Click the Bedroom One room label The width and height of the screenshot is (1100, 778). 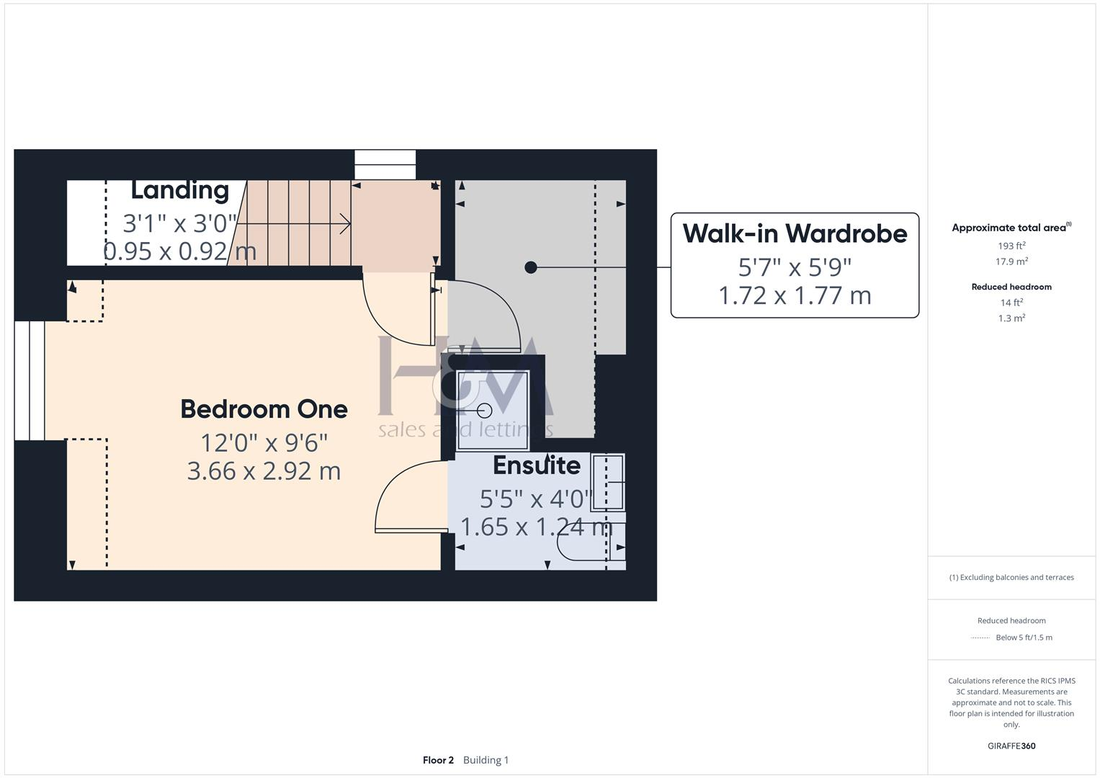pyautogui.click(x=264, y=409)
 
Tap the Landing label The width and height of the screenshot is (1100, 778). pyautogui.click(x=180, y=190)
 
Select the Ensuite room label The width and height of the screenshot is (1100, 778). pyautogui.click(x=537, y=465)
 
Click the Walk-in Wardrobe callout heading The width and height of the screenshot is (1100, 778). pyautogui.click(x=795, y=233)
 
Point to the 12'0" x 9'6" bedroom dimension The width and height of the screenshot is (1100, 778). pyautogui.click(x=264, y=442)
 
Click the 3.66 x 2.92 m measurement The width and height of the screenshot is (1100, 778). pyautogui.click(x=264, y=471)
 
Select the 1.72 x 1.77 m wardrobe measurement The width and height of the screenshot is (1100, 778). pyautogui.click(x=795, y=295)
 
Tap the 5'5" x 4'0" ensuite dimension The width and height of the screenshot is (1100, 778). pyautogui.click(x=536, y=498)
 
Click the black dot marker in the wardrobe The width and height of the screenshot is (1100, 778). pyautogui.click(x=531, y=267)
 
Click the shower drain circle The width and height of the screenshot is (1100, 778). pyautogui.click(x=485, y=411)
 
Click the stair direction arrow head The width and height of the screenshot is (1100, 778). pyautogui.click(x=347, y=225)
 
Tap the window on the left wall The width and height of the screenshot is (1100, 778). pyautogui.click(x=30, y=380)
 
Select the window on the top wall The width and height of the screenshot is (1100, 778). pyautogui.click(x=385, y=164)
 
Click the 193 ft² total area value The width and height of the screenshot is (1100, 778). pyautogui.click(x=1011, y=246)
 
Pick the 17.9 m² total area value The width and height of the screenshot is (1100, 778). pyautogui.click(x=1011, y=261)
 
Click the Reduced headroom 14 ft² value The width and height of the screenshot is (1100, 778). pyautogui.click(x=1011, y=303)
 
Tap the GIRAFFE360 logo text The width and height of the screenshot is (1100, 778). pyautogui.click(x=1011, y=746)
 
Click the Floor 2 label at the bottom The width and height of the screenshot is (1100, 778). pyautogui.click(x=438, y=760)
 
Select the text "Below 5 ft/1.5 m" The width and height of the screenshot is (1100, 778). pyautogui.click(x=1024, y=638)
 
